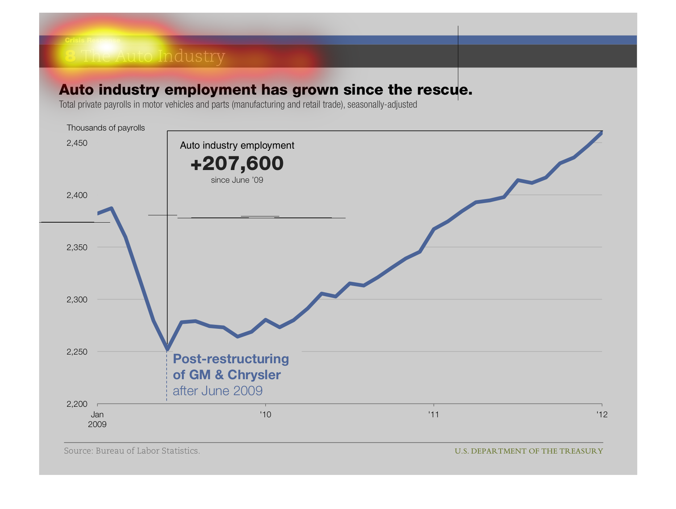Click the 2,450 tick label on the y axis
[x=77, y=143]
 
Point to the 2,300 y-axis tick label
[x=77, y=300]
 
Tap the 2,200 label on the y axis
[x=77, y=404]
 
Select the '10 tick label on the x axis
[x=266, y=414]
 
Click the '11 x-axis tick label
[x=433, y=414]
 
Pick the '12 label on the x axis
[x=602, y=414]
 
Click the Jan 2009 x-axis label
[x=97, y=419]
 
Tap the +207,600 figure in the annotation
[x=237, y=164]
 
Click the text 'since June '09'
[x=237, y=180]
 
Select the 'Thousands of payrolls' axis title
[x=105, y=128]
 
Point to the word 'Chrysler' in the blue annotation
[x=254, y=375]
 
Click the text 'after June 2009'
[x=217, y=391]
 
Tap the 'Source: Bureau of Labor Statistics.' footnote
[x=132, y=451]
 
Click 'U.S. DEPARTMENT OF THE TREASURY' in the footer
[x=529, y=451]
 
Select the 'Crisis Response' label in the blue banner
[x=92, y=40]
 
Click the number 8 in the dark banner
[x=70, y=56]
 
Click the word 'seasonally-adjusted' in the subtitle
[x=382, y=105]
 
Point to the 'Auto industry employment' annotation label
[x=237, y=145]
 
